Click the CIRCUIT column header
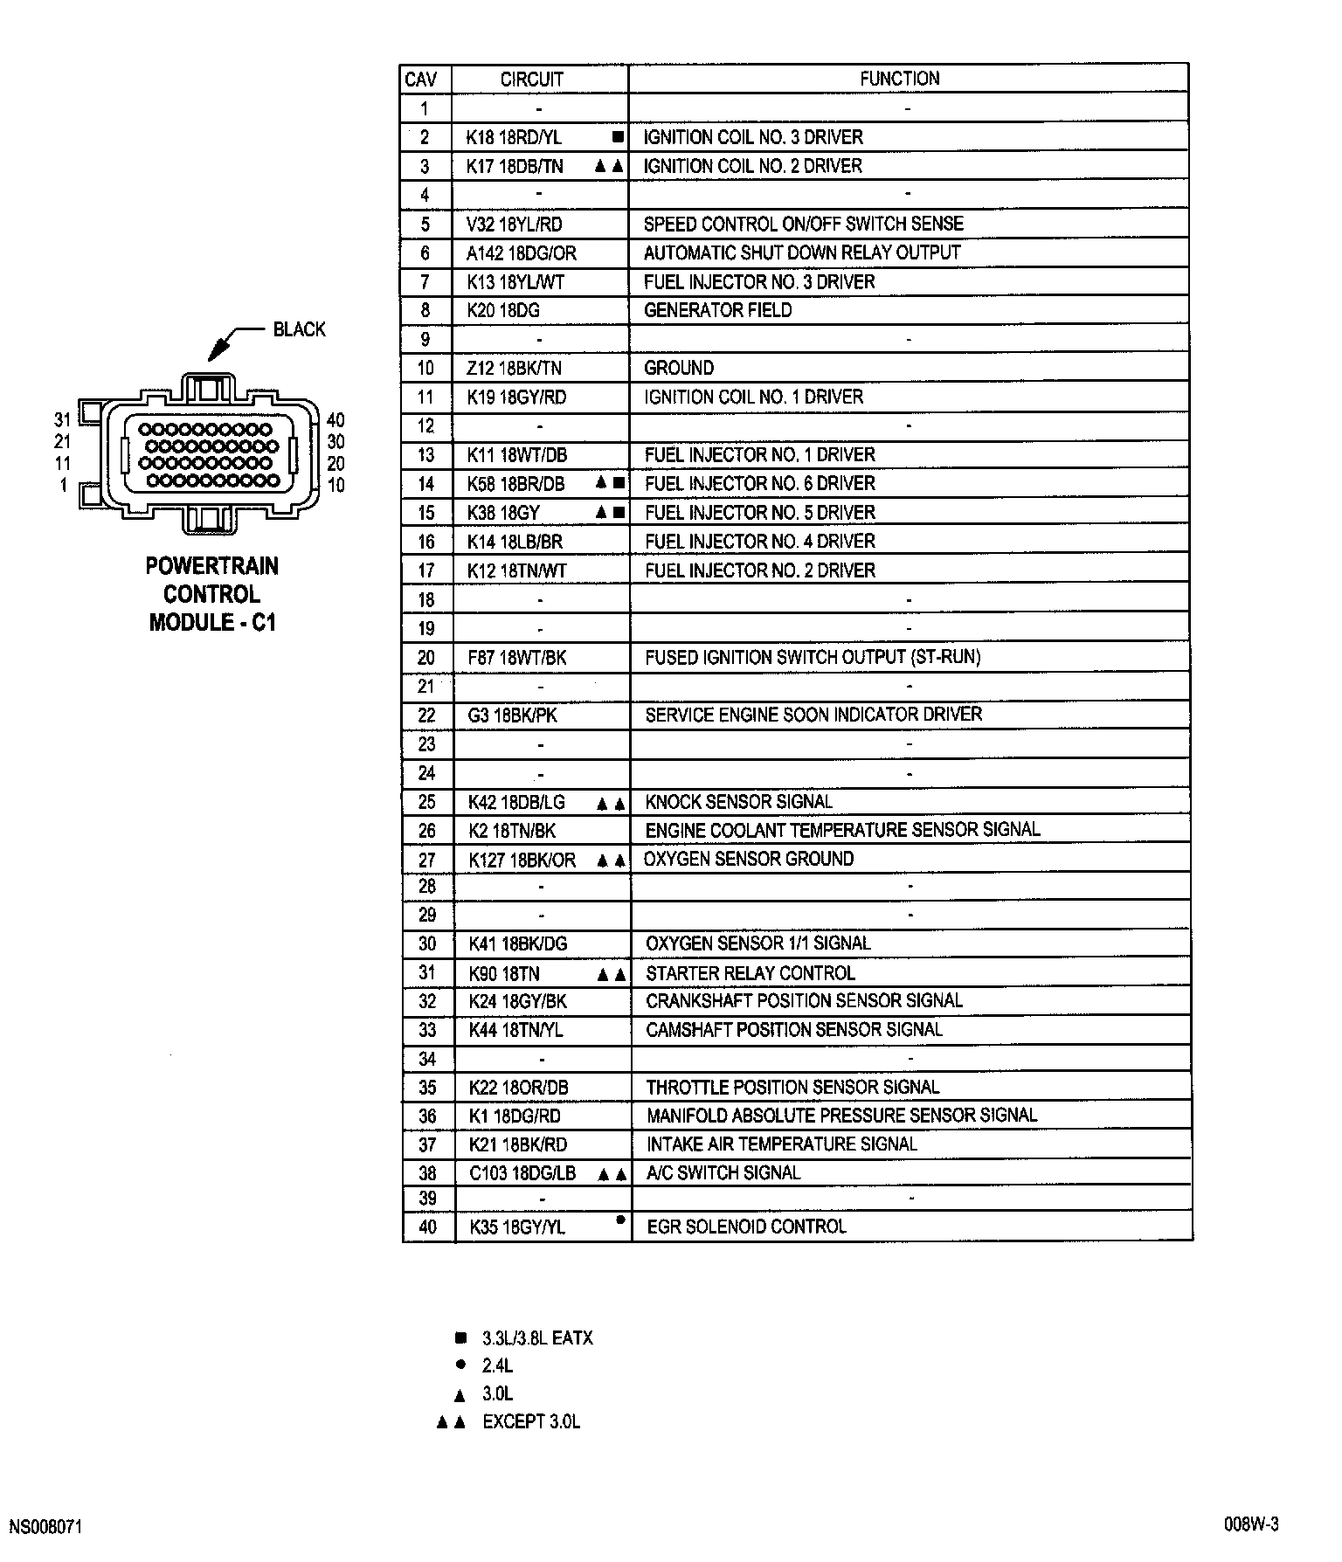pos(531,79)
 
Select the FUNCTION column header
pos(899,79)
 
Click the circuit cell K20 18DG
pos(503,310)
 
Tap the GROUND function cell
pos(679,368)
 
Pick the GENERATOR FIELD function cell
pos(717,310)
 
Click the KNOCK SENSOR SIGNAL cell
pos(738,802)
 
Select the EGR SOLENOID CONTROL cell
pos(746,1227)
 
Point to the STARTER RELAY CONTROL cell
pos(750,973)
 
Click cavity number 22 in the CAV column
pos(426,715)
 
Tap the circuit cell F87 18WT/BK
pos(517,658)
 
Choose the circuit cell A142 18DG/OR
pos(522,253)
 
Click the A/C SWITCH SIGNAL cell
pos(723,1172)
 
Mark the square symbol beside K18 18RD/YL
pos(618,137)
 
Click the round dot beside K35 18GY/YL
pos(619,1220)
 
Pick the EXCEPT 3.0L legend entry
pos(530,1422)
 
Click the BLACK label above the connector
pos(299,329)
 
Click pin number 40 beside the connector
pos(335,420)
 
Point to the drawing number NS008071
pos(45,1527)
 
